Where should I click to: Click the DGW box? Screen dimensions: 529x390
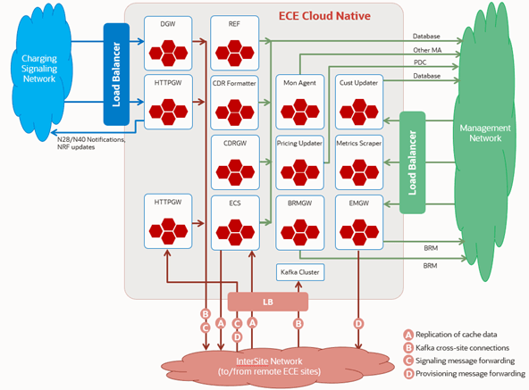(168, 43)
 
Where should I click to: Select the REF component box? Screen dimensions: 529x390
(234, 43)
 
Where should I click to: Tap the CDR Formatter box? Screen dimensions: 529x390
(234, 103)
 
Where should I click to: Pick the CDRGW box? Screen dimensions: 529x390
(235, 162)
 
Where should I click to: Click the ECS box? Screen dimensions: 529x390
(235, 222)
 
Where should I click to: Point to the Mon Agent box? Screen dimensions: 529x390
(300, 102)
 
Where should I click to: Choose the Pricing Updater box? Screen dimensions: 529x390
(300, 162)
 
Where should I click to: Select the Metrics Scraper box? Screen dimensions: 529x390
(359, 162)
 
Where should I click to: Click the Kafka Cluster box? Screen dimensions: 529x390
(300, 272)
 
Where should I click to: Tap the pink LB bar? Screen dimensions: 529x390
(268, 302)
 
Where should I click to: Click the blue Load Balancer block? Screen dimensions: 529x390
(116, 74)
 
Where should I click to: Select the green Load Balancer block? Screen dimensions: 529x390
(412, 162)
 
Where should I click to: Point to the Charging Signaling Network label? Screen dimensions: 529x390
(39, 69)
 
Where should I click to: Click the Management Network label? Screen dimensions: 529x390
(485, 133)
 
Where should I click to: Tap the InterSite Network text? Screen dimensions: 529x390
(269, 361)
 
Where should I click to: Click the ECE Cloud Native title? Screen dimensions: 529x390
(324, 16)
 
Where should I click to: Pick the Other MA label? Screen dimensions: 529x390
(427, 50)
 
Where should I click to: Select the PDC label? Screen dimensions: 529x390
(420, 62)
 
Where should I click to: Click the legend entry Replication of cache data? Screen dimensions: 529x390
(450, 335)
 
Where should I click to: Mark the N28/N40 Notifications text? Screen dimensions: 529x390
(91, 139)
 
